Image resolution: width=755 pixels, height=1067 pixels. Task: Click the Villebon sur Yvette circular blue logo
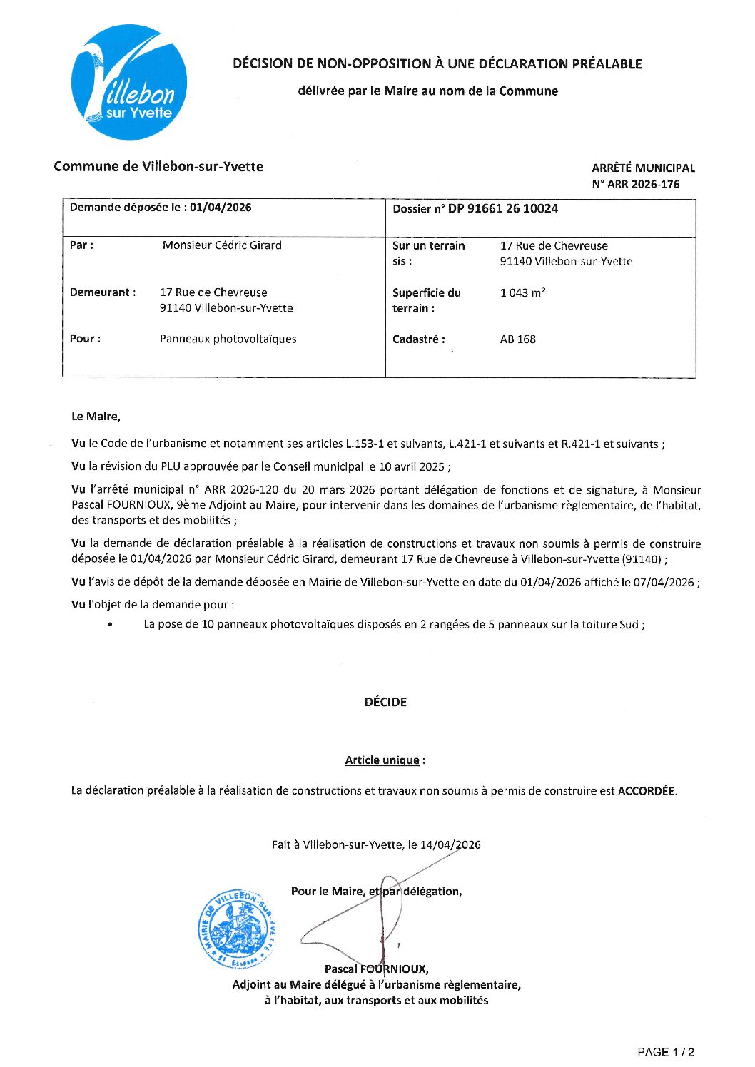(129, 82)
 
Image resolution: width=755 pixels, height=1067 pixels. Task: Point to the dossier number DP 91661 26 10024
(503, 208)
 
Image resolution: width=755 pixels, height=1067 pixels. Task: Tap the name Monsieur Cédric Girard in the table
(222, 245)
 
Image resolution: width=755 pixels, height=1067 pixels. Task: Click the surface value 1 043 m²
(522, 292)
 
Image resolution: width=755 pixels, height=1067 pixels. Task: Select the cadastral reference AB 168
(517, 339)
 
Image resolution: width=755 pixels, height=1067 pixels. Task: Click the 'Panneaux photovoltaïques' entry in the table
(228, 339)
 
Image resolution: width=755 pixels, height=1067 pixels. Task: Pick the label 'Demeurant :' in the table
(102, 292)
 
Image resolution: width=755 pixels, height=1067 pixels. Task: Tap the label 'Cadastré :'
(418, 339)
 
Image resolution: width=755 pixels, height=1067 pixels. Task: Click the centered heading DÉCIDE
(385, 702)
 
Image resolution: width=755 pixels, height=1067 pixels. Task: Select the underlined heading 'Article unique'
(382, 760)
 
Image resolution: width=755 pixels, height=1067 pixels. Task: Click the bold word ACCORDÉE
(646, 791)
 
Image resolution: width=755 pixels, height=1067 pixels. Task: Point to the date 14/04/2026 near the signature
(450, 845)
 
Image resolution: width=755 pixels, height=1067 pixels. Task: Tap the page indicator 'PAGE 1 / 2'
(665, 1052)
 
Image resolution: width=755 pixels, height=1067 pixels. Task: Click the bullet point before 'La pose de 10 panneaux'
(109, 625)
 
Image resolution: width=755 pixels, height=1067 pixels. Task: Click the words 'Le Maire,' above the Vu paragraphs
(96, 417)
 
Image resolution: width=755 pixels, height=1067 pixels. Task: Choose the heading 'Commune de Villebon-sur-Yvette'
(158, 167)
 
